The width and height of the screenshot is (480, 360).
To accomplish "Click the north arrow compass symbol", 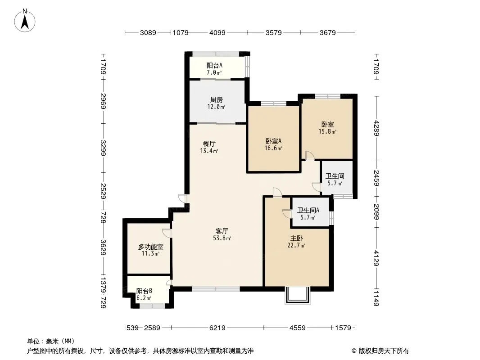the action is (x=25, y=21).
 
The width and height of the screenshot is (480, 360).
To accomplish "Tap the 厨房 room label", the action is (x=217, y=100).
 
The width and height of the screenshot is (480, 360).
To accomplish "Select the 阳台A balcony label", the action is (x=214, y=65).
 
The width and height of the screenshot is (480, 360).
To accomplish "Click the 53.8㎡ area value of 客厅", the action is (x=222, y=238).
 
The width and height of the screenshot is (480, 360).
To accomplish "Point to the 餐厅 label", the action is (x=209, y=144).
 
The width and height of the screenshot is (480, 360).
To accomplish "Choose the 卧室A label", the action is (x=273, y=141).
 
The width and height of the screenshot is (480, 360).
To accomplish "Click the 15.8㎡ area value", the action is (x=327, y=131).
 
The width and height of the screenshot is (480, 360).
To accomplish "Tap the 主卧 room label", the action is (x=297, y=238).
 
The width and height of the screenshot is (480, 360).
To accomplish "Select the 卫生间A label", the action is (x=308, y=211).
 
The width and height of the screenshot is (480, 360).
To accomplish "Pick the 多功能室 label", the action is (x=150, y=247).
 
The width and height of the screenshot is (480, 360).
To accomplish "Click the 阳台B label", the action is (x=144, y=291).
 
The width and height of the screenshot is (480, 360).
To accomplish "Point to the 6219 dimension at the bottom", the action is (x=217, y=328).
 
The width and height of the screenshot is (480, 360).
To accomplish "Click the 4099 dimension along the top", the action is (x=217, y=32).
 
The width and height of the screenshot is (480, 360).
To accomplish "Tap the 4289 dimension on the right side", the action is (x=376, y=128).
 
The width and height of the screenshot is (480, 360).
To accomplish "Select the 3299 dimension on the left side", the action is (x=103, y=148).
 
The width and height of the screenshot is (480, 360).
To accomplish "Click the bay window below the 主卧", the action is (x=298, y=296).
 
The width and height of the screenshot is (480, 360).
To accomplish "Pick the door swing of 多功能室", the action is (x=167, y=233).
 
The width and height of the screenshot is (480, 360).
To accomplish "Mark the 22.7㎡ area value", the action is (x=296, y=245).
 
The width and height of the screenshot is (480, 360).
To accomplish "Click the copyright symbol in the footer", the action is (x=354, y=351).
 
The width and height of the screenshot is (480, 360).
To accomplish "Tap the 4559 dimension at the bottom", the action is (x=298, y=328).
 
